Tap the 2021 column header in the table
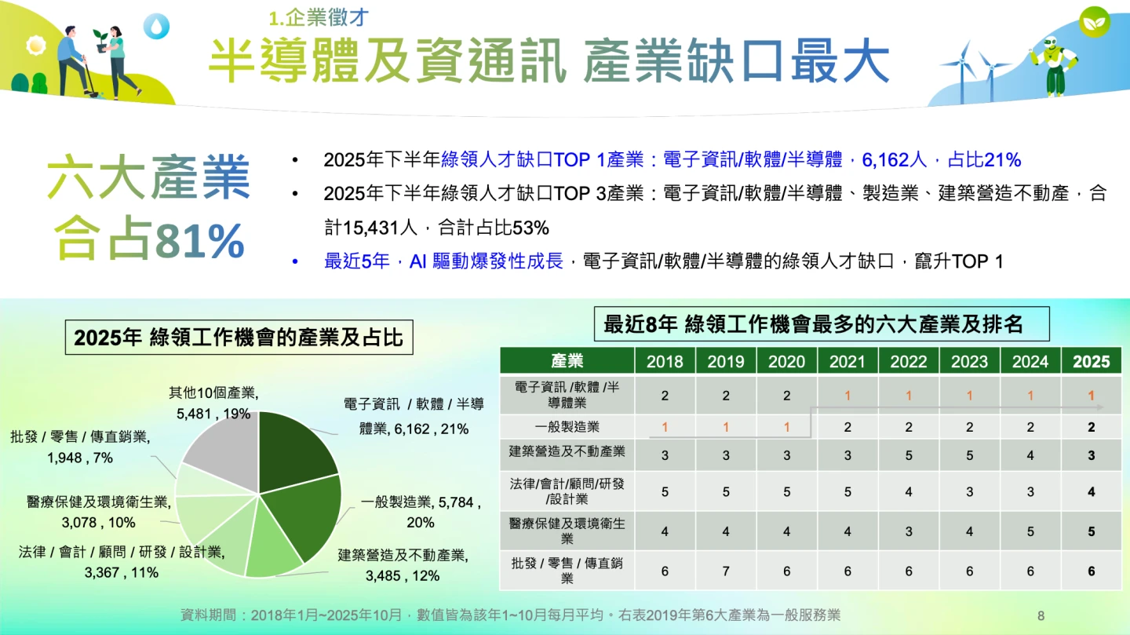(x=847, y=361)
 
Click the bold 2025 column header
(x=1091, y=361)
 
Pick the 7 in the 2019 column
(x=725, y=571)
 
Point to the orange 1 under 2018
(x=665, y=427)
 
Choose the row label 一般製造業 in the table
(x=567, y=427)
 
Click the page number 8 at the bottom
(x=1041, y=616)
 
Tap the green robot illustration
(x=1055, y=66)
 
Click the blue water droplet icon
(x=156, y=26)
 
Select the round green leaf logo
(x=1094, y=22)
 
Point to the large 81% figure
(x=200, y=241)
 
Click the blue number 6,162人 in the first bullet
(x=894, y=160)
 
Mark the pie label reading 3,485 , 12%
(x=403, y=576)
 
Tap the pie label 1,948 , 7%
(x=80, y=458)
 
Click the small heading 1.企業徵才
(x=319, y=18)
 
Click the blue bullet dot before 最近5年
(x=295, y=261)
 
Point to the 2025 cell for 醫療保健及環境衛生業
(x=1091, y=531)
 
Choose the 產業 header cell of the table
(x=567, y=361)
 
